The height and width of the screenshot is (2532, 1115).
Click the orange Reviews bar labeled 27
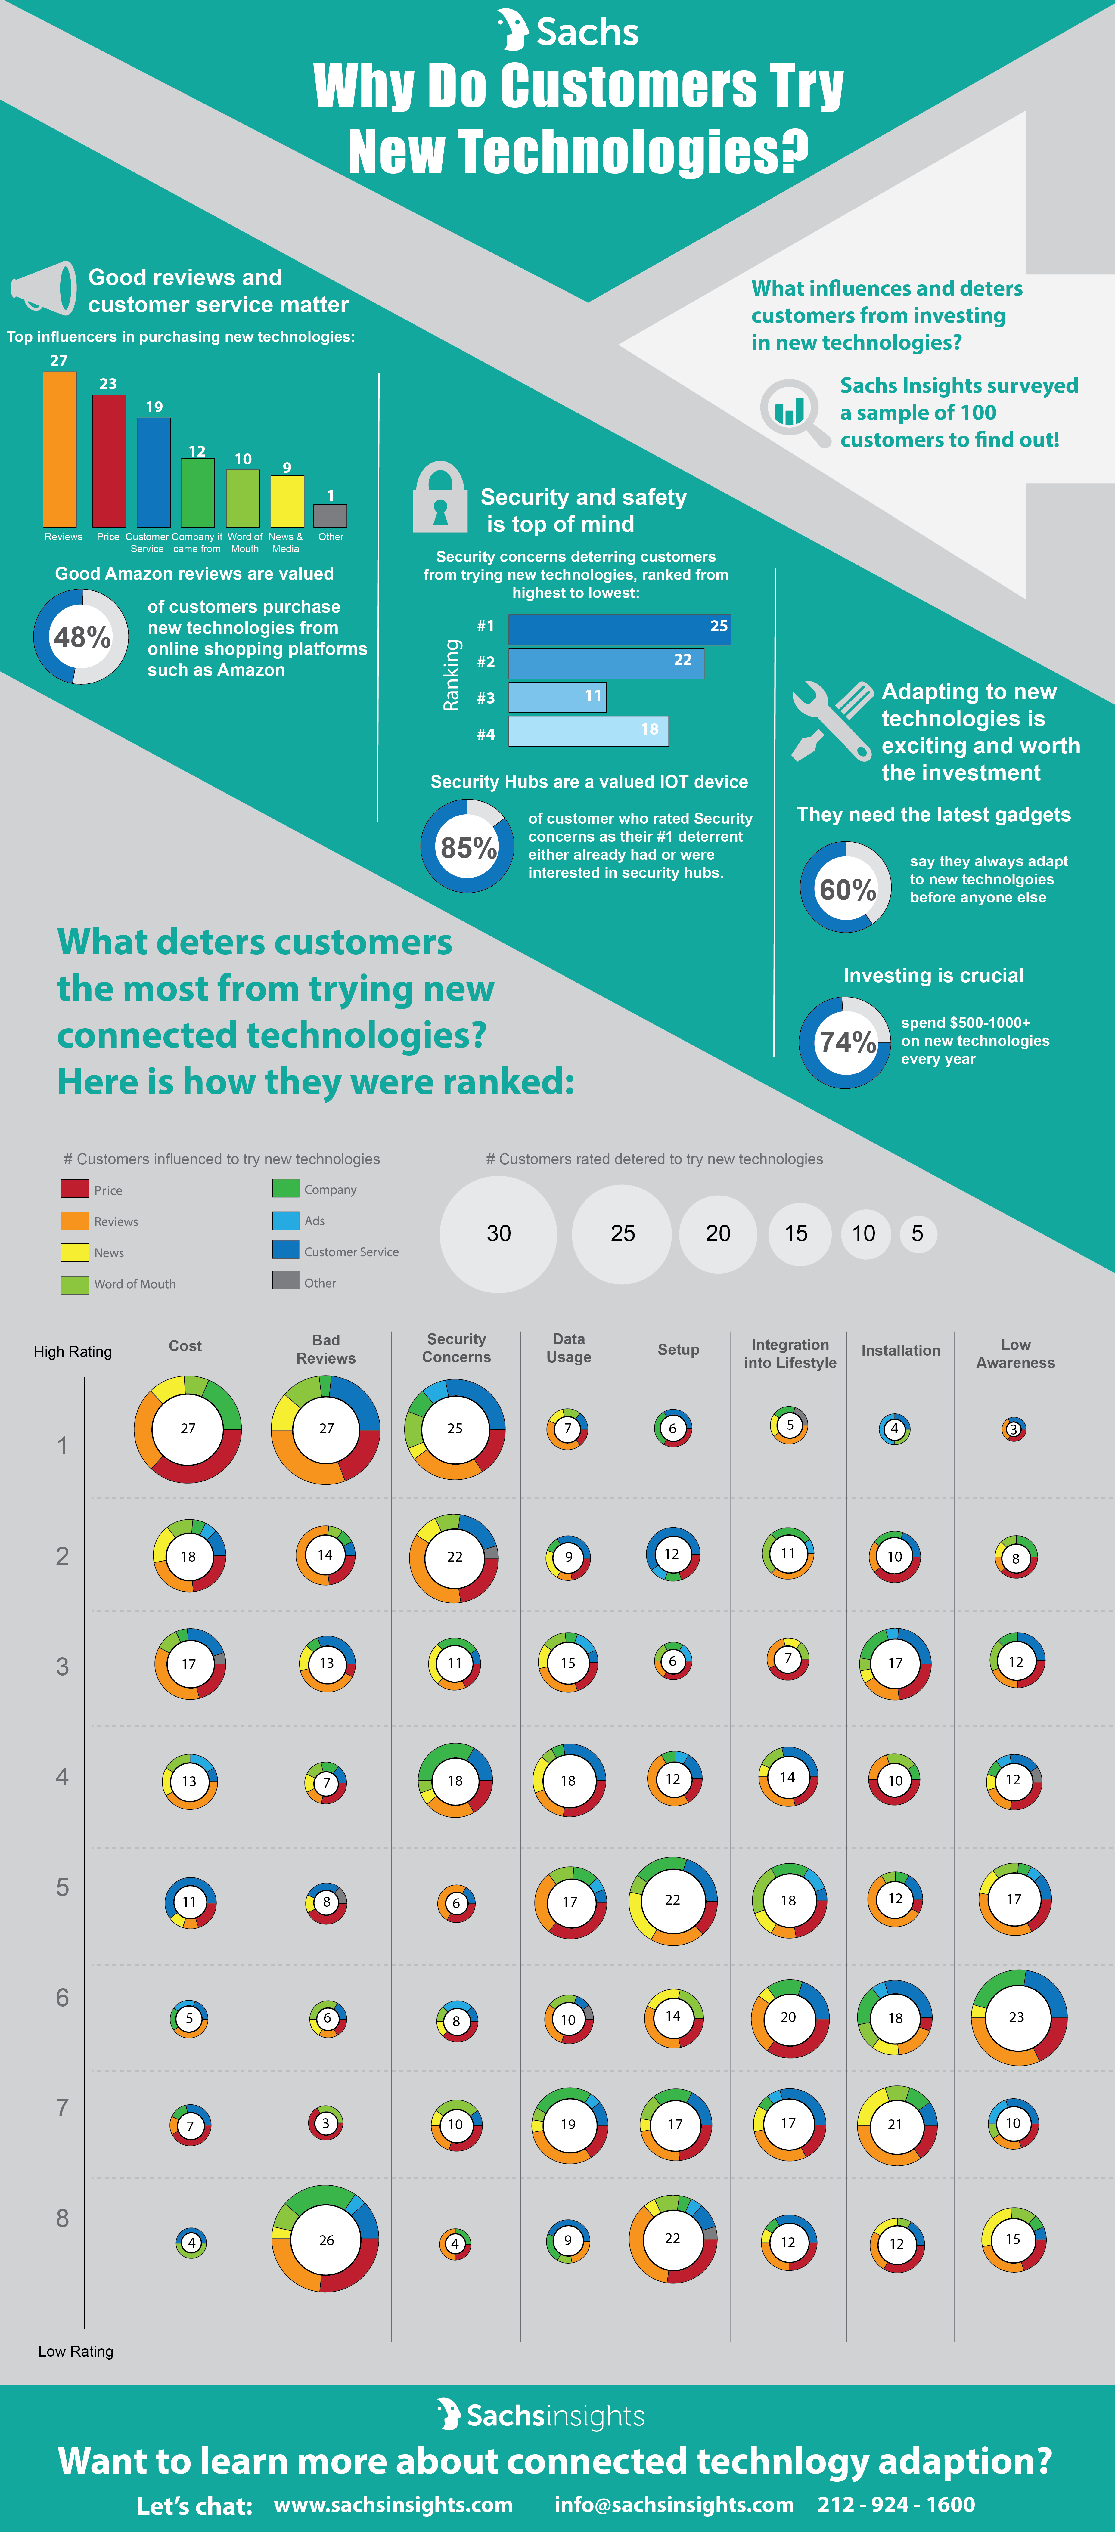(x=59, y=449)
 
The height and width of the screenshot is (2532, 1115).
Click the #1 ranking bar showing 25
(x=620, y=629)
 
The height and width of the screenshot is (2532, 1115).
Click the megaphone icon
(x=43, y=288)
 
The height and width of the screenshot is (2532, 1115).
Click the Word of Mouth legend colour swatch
(x=75, y=1284)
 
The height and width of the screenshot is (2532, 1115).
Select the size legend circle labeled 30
(x=498, y=1233)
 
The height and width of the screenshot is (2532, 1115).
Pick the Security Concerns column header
(x=456, y=1348)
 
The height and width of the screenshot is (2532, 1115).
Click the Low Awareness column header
(x=1016, y=1354)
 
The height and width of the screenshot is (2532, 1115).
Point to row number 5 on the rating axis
(x=62, y=1887)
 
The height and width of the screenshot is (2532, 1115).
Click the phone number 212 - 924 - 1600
(x=896, y=2505)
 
